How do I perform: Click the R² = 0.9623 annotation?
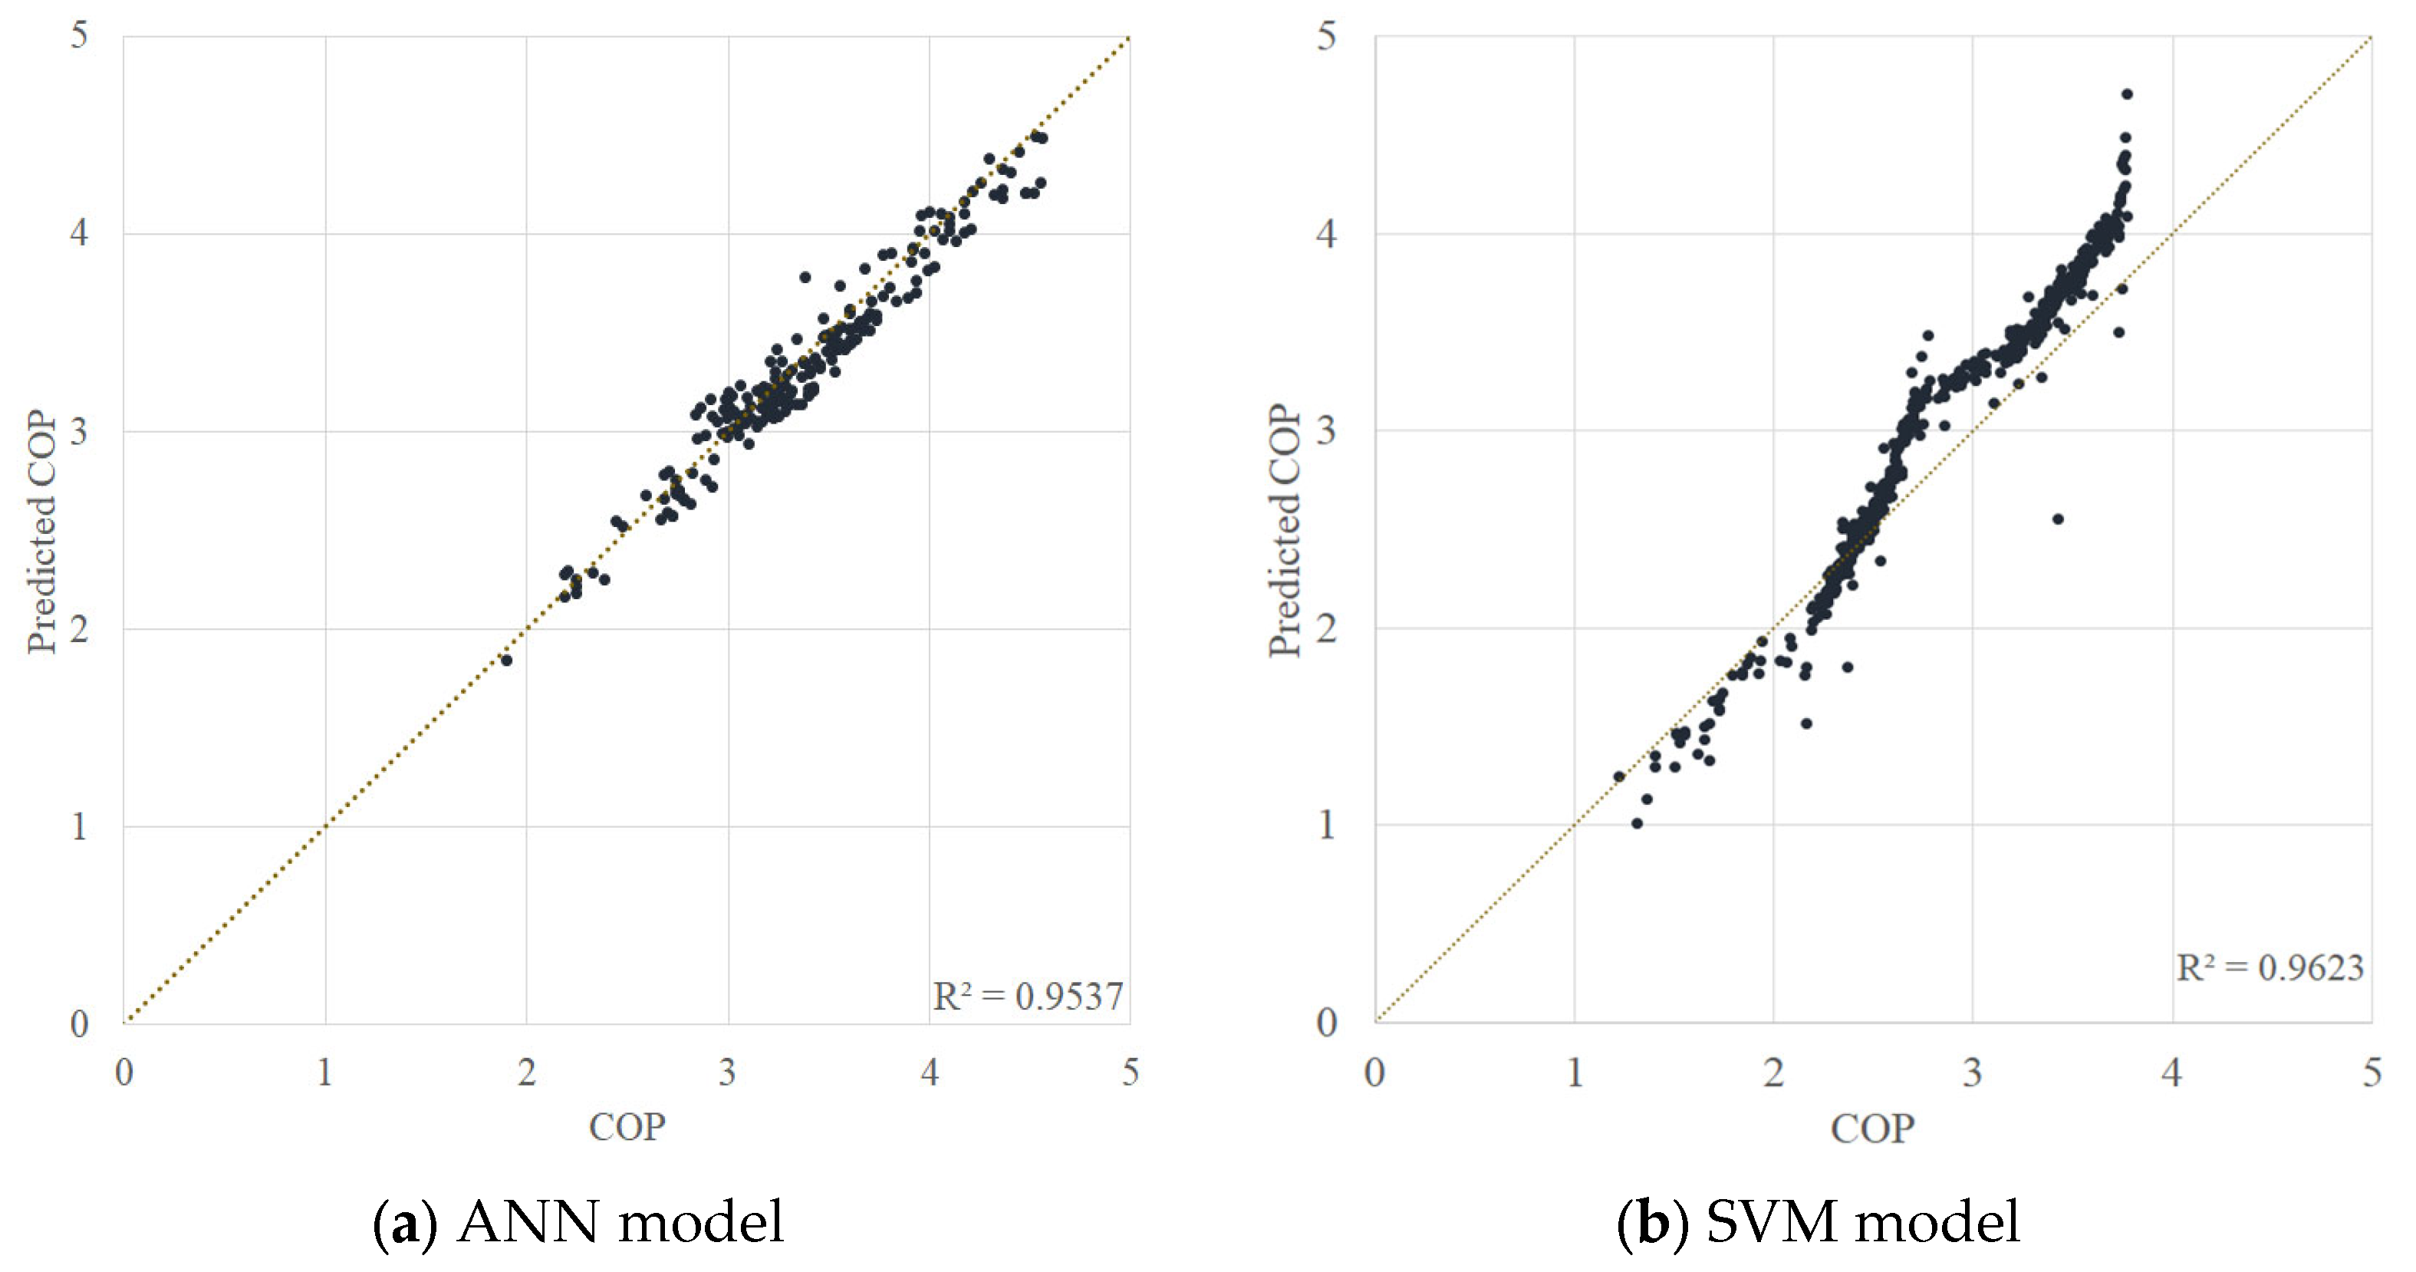pyautogui.click(x=2269, y=968)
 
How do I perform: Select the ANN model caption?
pyautogui.click(x=578, y=1222)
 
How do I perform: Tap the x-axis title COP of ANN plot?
pyautogui.click(x=627, y=1126)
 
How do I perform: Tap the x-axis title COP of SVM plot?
pyautogui.click(x=1872, y=1129)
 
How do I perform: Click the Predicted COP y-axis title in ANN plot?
pyautogui.click(x=41, y=531)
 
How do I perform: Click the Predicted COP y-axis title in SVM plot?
pyautogui.click(x=1284, y=531)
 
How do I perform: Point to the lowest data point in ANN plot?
pyautogui.click(x=506, y=661)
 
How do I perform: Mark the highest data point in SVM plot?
pyautogui.click(x=2127, y=94)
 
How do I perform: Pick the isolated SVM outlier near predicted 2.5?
pyautogui.click(x=2058, y=519)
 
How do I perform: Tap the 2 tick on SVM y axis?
pyautogui.click(x=1325, y=628)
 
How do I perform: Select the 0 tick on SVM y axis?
pyautogui.click(x=1325, y=1023)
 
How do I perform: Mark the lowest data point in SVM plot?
pyautogui.click(x=1637, y=824)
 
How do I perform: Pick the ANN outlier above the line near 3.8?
pyautogui.click(x=805, y=277)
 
